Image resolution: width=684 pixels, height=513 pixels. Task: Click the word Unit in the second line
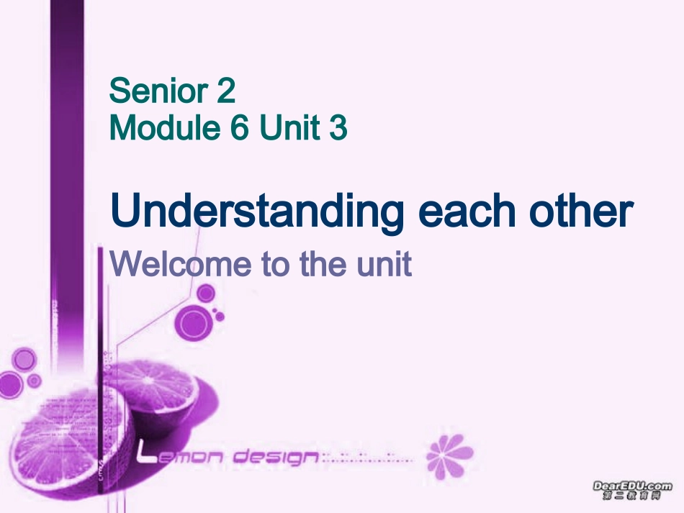pyautogui.click(x=289, y=128)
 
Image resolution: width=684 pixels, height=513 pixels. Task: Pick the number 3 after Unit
pyautogui.click(x=337, y=128)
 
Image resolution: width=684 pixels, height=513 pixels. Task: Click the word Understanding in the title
pyautogui.click(x=256, y=212)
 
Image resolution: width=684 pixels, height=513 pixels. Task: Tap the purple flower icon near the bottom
pyautogui.click(x=449, y=456)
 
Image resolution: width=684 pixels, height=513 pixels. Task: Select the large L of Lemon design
pyautogui.click(x=146, y=453)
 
